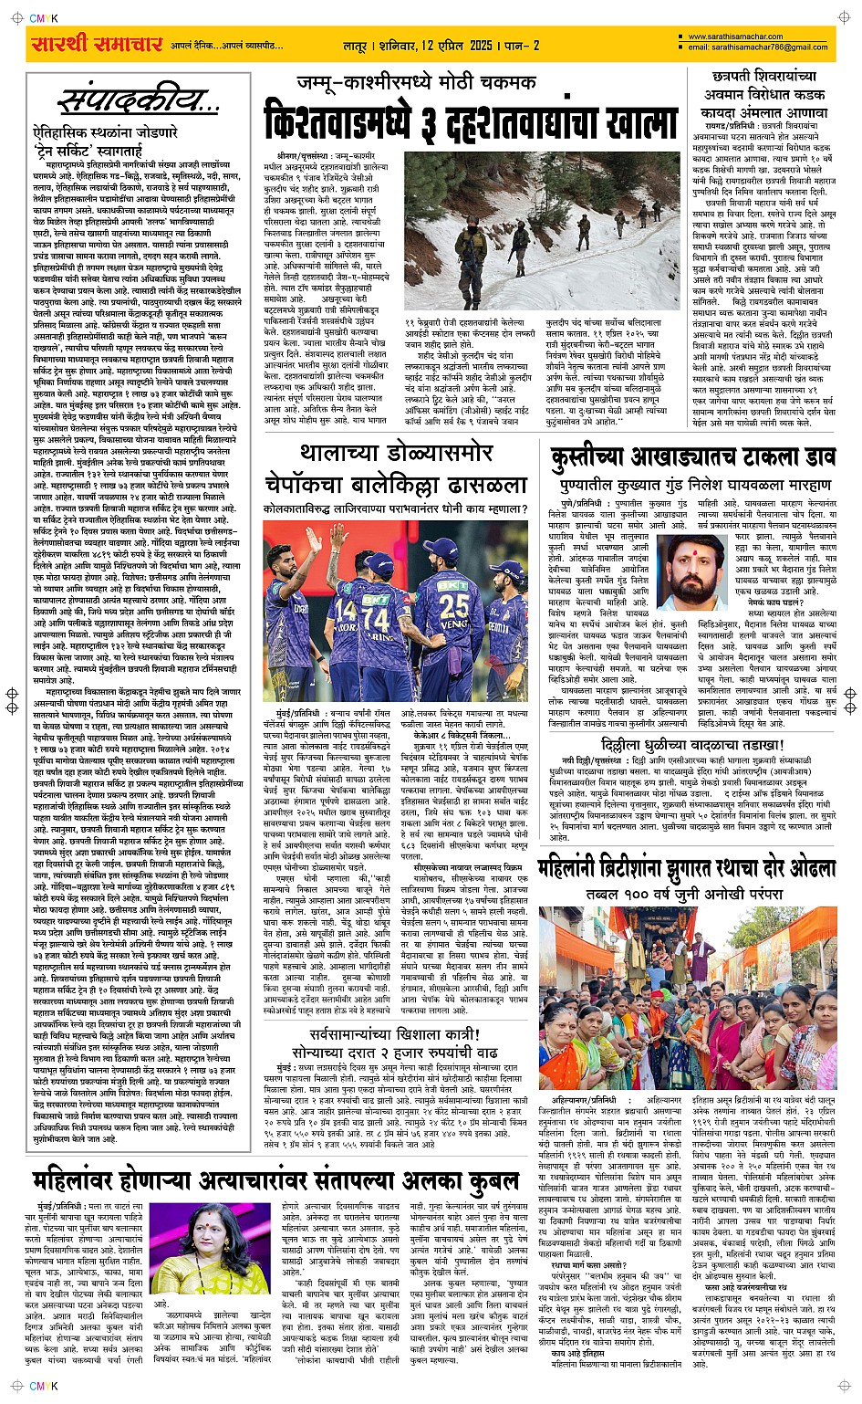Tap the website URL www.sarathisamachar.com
[735, 37]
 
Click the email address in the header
[758, 47]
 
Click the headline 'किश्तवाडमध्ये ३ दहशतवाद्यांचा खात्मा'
[471, 122]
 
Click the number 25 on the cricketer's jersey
[453, 606]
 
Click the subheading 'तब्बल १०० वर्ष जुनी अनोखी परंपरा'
[685, 893]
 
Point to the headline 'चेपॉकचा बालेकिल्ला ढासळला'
[396, 484]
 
